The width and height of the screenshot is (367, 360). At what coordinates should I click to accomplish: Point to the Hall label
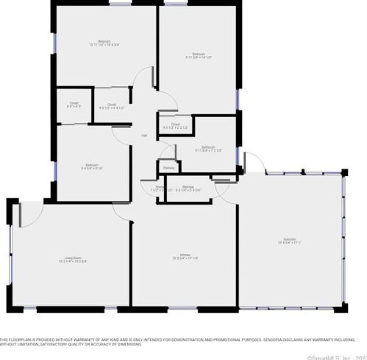(144, 135)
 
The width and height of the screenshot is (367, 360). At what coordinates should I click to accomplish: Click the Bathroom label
(208, 147)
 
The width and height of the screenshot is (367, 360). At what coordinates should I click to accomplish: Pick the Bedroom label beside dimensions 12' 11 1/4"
(104, 40)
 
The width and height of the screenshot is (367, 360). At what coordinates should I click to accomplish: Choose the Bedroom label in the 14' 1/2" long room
(199, 54)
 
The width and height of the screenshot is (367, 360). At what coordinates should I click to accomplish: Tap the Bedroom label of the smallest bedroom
(91, 164)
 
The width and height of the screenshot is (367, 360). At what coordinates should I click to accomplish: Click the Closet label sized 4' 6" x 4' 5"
(74, 104)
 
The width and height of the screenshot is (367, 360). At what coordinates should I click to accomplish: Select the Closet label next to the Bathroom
(175, 124)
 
